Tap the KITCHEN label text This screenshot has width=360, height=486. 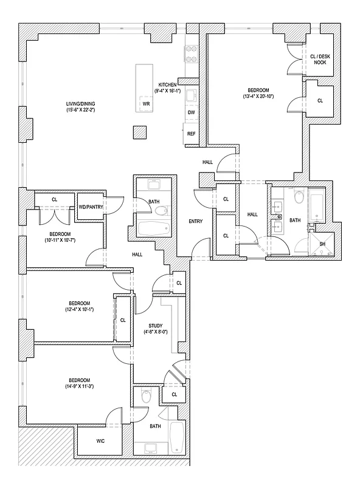(x=167, y=84)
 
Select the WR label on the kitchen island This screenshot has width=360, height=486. (x=146, y=104)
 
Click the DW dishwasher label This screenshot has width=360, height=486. (x=191, y=112)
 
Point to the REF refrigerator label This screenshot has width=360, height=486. (x=191, y=134)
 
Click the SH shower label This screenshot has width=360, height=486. (x=322, y=244)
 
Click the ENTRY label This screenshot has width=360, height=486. (x=195, y=221)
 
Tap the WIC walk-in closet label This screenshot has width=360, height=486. (x=100, y=440)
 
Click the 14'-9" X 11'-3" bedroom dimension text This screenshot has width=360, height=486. (x=79, y=386)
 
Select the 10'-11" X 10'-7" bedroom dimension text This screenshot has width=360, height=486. (x=60, y=241)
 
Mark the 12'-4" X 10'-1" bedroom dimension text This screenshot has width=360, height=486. (x=79, y=310)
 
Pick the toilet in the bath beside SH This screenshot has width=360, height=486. (x=299, y=197)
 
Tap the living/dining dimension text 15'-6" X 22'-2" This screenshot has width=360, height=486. (x=83, y=109)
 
